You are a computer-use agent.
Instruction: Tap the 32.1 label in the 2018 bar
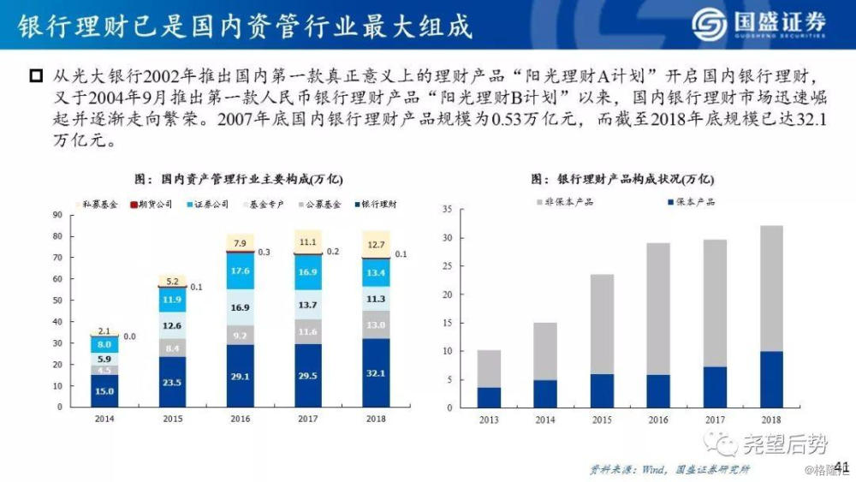pyautogui.click(x=375, y=373)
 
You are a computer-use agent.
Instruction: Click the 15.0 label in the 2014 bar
pyautogui.click(x=104, y=391)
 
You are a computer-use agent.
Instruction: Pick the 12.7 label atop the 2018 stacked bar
pyautogui.click(x=375, y=245)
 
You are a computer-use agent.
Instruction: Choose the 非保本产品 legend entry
pyautogui.click(x=566, y=202)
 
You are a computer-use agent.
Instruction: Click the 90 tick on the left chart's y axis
pyautogui.click(x=57, y=214)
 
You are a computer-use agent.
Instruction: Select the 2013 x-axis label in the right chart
pyautogui.click(x=489, y=420)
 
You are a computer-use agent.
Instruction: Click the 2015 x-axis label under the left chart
pyautogui.click(x=172, y=419)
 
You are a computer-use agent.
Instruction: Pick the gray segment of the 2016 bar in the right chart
pyautogui.click(x=658, y=308)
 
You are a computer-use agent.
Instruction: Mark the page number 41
pyautogui.click(x=841, y=466)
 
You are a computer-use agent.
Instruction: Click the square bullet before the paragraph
pyautogui.click(x=35, y=76)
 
